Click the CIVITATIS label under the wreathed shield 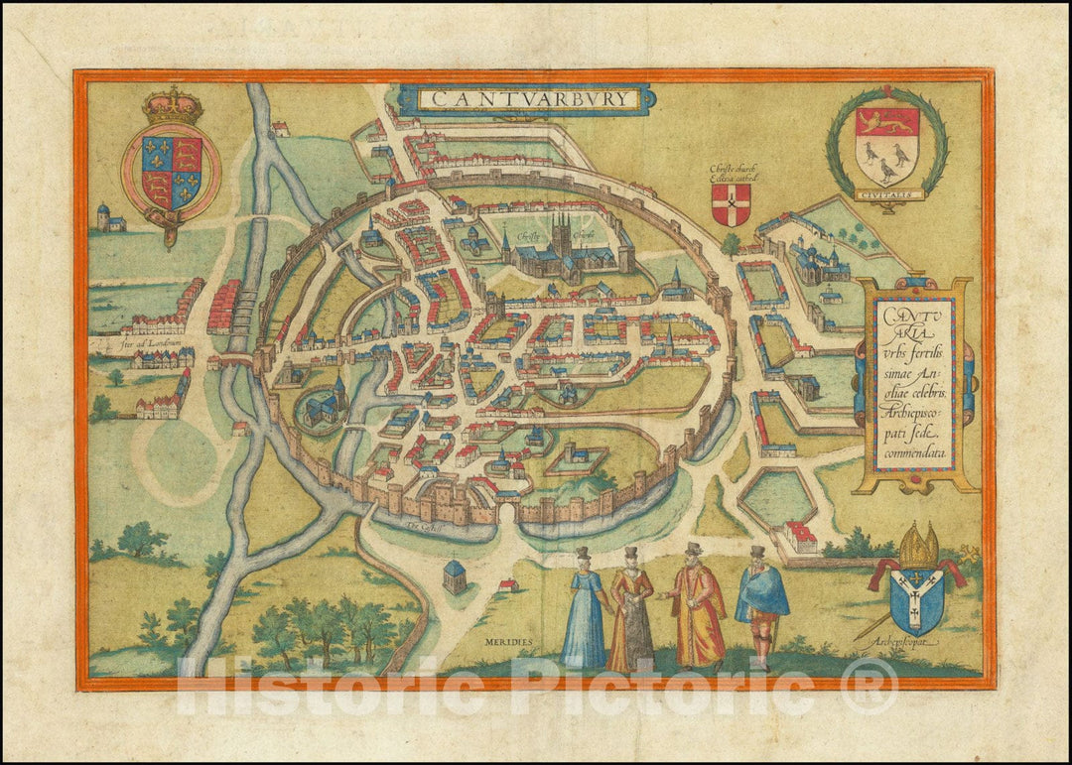point(886,194)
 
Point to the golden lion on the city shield point(886,123)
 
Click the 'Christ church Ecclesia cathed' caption point(731,173)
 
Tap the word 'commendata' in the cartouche point(912,452)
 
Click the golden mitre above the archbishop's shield point(918,547)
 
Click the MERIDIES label point(509,642)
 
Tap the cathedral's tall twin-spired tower point(561,230)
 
